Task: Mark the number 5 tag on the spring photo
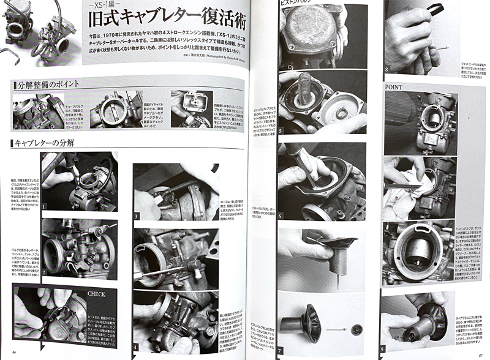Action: [282, 130]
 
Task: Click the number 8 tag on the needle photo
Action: [388, 70]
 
